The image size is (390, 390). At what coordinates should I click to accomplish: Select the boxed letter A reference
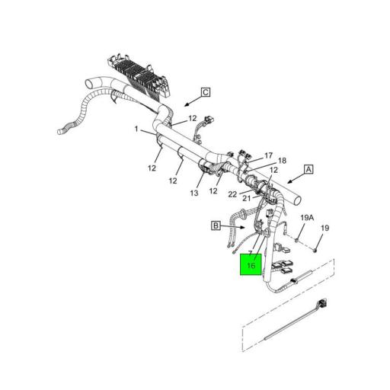[x=308, y=169]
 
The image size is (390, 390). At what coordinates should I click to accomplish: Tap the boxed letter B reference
[x=216, y=225]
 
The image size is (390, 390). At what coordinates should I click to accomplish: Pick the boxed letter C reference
[x=205, y=93]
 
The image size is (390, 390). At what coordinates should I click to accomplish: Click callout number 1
[x=137, y=129]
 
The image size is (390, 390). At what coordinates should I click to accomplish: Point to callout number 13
[x=194, y=193]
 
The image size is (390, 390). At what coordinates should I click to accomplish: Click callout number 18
[x=282, y=161]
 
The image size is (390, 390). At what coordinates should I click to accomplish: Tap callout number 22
[x=233, y=193]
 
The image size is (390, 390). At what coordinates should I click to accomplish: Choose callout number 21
[x=246, y=198]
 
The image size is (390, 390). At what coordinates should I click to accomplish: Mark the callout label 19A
[x=305, y=218]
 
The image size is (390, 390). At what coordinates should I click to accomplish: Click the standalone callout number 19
[x=324, y=228]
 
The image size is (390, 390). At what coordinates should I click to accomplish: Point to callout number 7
[x=250, y=251]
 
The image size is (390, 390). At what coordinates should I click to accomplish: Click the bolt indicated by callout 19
[x=315, y=248]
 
